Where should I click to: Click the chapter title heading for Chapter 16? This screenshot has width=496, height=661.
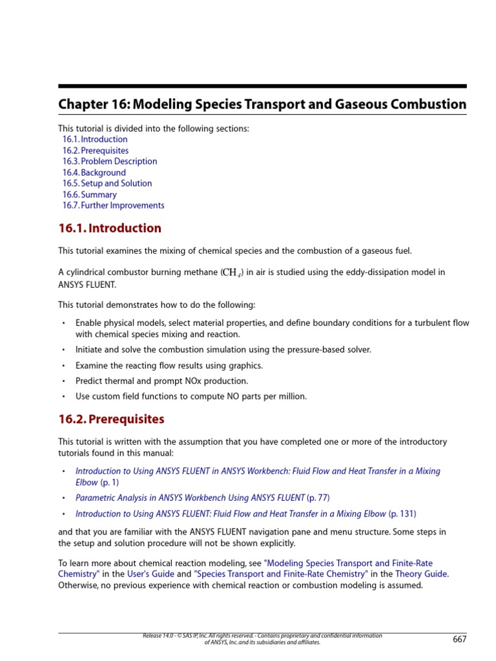point(262,105)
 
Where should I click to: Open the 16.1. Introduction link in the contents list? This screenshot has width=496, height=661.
point(95,139)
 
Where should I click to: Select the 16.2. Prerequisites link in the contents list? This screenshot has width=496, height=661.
point(96,150)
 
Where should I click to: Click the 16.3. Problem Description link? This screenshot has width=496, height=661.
point(110,161)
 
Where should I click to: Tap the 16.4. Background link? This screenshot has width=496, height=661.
point(94,172)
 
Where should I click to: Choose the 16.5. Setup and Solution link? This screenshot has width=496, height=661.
point(107,183)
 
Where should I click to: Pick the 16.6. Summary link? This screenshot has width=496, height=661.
point(90,194)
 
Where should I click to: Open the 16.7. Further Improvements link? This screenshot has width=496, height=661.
point(114,205)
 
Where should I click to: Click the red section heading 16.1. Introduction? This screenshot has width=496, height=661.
point(110,229)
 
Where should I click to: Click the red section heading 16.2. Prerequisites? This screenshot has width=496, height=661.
point(111,420)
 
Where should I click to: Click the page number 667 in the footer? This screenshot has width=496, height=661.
point(459,639)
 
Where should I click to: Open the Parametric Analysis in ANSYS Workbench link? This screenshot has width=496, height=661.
point(190,498)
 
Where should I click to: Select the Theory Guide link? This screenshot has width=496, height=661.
point(421,574)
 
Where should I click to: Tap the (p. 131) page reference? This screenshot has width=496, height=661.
point(402,514)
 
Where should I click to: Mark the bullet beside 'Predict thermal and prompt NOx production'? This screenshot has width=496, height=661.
point(63,381)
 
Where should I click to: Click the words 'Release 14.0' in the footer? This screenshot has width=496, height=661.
point(157,636)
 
